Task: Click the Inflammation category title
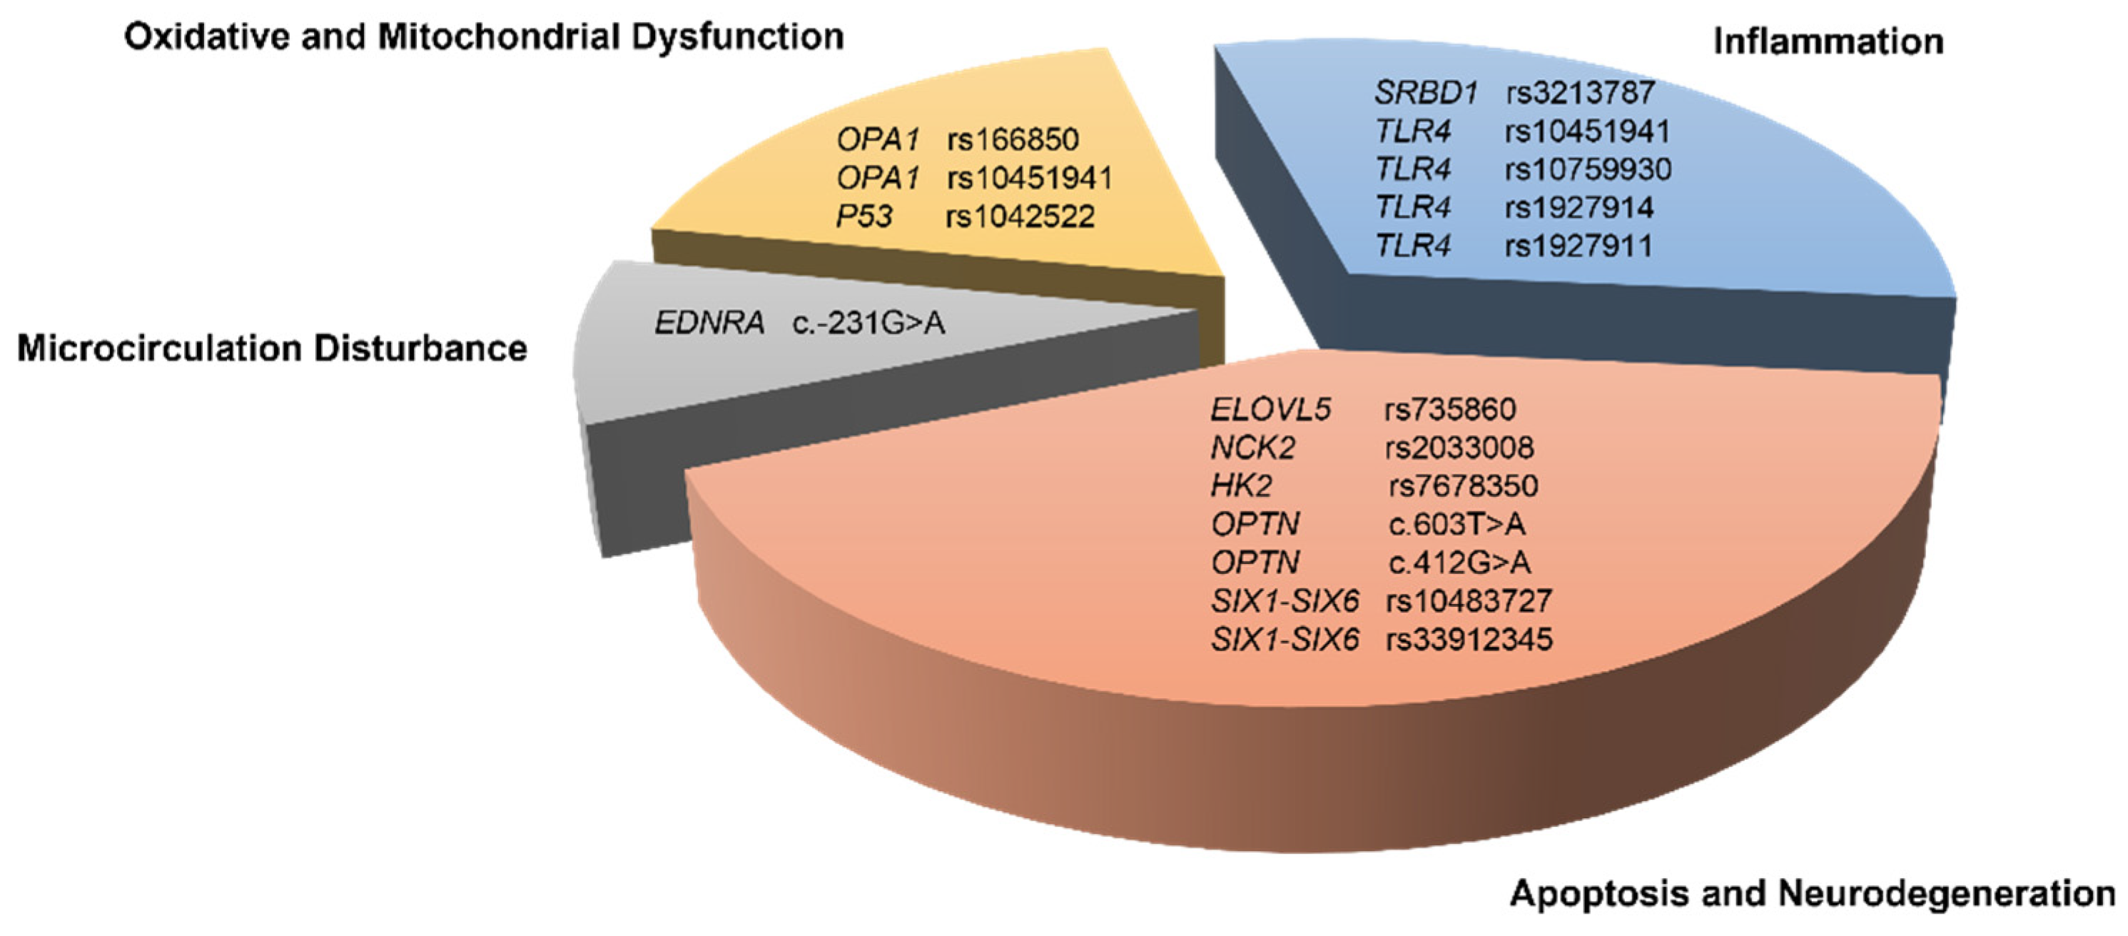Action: (x=1828, y=41)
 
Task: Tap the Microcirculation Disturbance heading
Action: (x=272, y=348)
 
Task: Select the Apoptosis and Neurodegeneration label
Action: (x=1812, y=894)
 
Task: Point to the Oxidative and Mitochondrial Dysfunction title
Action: (x=484, y=37)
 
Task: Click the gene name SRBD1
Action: (x=1426, y=93)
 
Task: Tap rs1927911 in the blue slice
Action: (x=1579, y=246)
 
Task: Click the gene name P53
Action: (x=864, y=216)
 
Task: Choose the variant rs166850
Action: (x=1013, y=140)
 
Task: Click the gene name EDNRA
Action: (x=709, y=323)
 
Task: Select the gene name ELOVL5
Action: (x=1270, y=410)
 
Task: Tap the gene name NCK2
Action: (x=1252, y=448)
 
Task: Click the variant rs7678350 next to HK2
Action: (x=1463, y=485)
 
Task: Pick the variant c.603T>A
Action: (x=1457, y=524)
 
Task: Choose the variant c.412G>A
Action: (x=1459, y=563)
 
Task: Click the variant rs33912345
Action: (x=1469, y=640)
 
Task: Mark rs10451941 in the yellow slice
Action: (x=1029, y=178)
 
